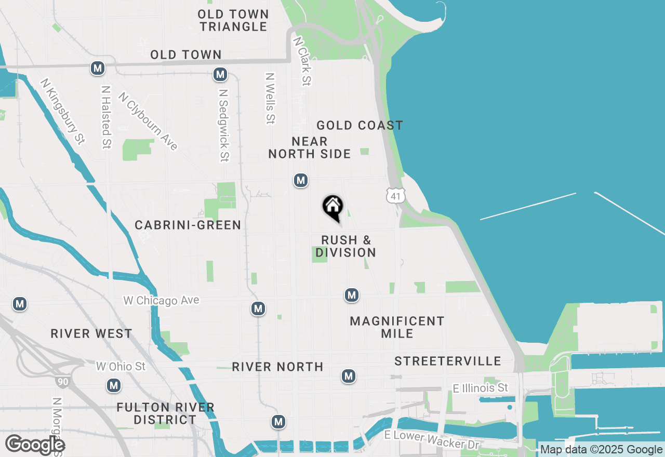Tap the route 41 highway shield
395,196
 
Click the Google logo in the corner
35,445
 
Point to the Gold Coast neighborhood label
360,125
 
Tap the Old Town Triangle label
233,20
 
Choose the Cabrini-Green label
188,225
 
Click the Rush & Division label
346,247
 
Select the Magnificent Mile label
397,327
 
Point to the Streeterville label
448,361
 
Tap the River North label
277,367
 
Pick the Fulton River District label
165,413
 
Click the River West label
91,333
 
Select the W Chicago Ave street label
161,301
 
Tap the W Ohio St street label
121,367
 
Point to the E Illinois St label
480,388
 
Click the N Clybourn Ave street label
148,121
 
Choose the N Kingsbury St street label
63,112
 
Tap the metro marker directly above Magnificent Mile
352,295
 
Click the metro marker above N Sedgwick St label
220,75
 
